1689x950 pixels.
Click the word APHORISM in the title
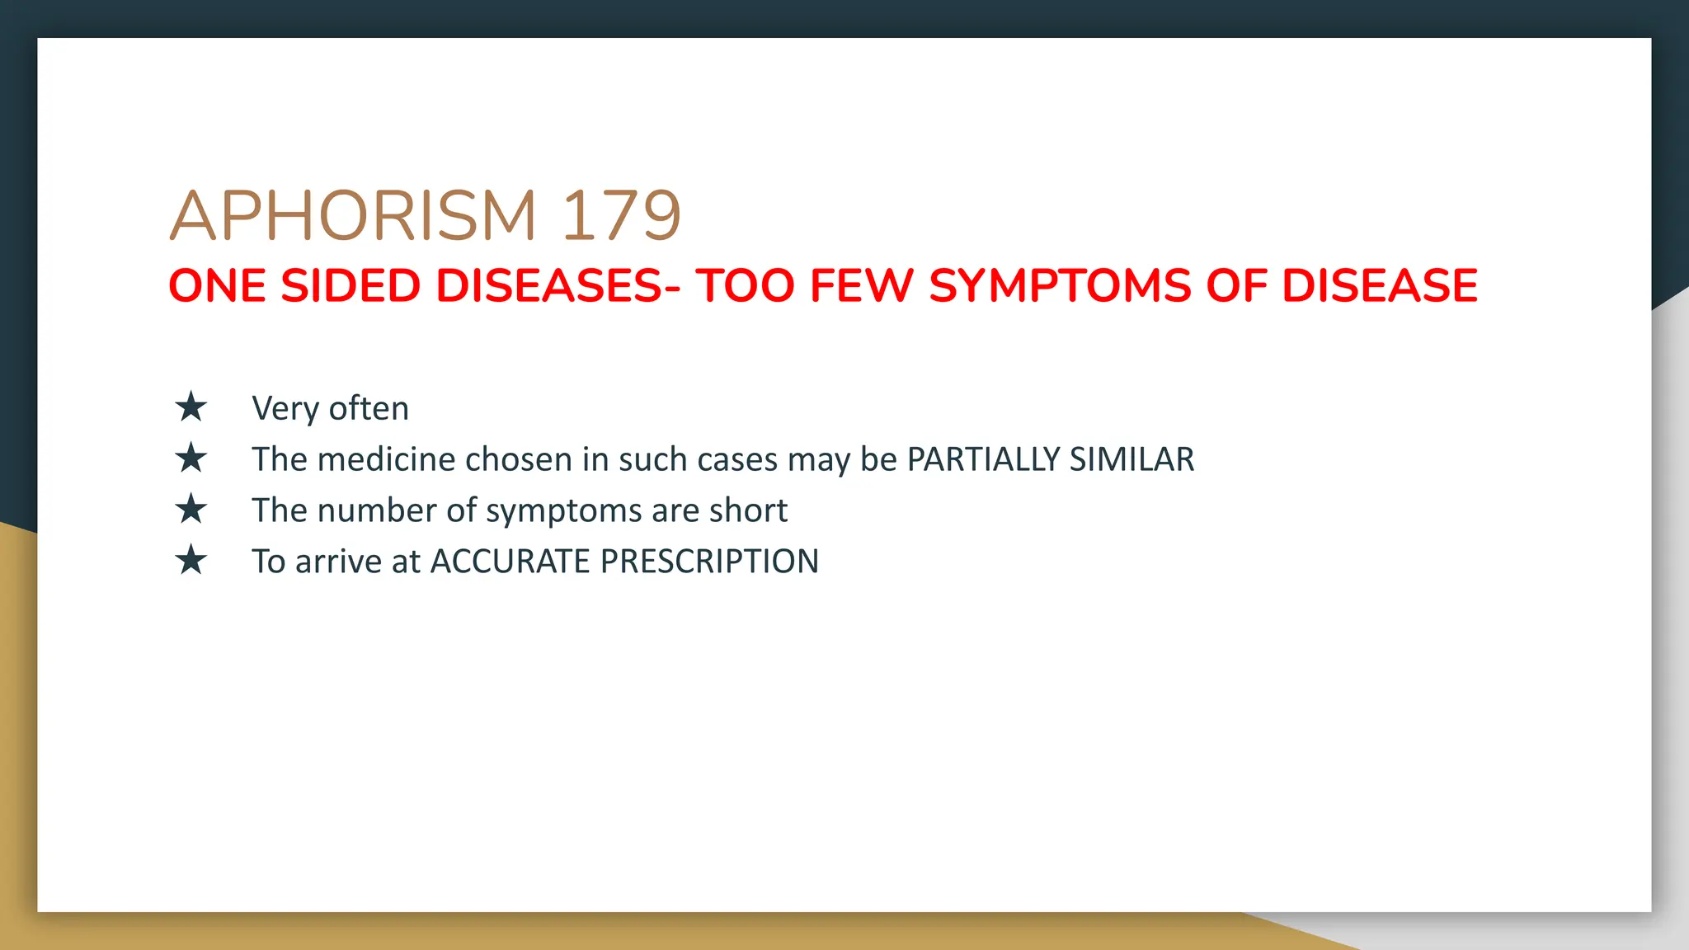[353, 216]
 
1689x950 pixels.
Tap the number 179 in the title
[621, 216]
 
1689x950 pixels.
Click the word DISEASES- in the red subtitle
[558, 286]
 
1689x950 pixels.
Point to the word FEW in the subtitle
[861, 286]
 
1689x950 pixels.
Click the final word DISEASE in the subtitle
[1379, 286]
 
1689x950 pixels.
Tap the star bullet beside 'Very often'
[191, 407]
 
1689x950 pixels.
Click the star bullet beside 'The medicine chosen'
[191, 459]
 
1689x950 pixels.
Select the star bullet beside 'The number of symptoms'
[191, 510]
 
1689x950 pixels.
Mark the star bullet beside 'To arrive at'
[191, 561]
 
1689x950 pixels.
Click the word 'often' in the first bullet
[369, 408]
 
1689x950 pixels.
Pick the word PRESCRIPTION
[709, 562]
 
